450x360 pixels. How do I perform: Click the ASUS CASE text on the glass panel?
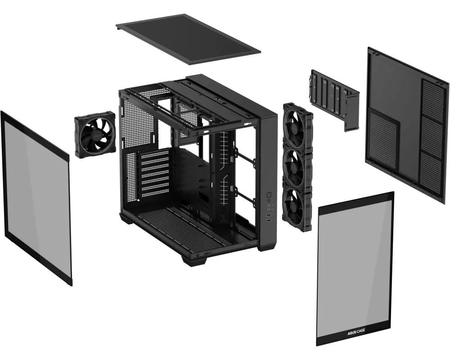point(356,332)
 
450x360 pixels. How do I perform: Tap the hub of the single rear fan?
point(94,136)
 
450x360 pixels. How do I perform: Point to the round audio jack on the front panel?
point(269,206)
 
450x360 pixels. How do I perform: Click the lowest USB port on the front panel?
point(269,220)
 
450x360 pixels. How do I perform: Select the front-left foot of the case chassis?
point(194,261)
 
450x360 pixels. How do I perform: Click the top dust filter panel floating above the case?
point(189,39)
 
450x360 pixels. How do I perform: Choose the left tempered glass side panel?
point(36,198)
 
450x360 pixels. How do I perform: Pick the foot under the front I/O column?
point(267,247)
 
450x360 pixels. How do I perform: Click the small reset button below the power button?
point(269,200)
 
